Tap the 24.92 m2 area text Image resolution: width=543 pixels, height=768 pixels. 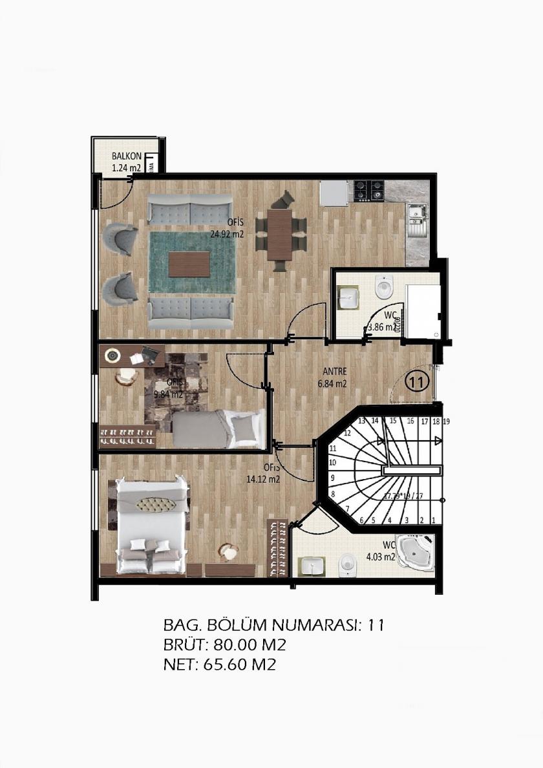click(x=226, y=235)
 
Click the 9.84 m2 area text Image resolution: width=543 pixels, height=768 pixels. click(x=168, y=394)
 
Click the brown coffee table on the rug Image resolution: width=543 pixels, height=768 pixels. click(x=189, y=262)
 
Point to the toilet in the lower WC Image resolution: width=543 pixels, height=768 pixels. click(x=348, y=566)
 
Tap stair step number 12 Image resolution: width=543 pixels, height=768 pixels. click(x=347, y=433)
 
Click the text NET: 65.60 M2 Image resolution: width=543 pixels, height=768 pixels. click(x=220, y=664)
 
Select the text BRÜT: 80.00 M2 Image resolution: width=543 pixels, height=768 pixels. click(x=225, y=645)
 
